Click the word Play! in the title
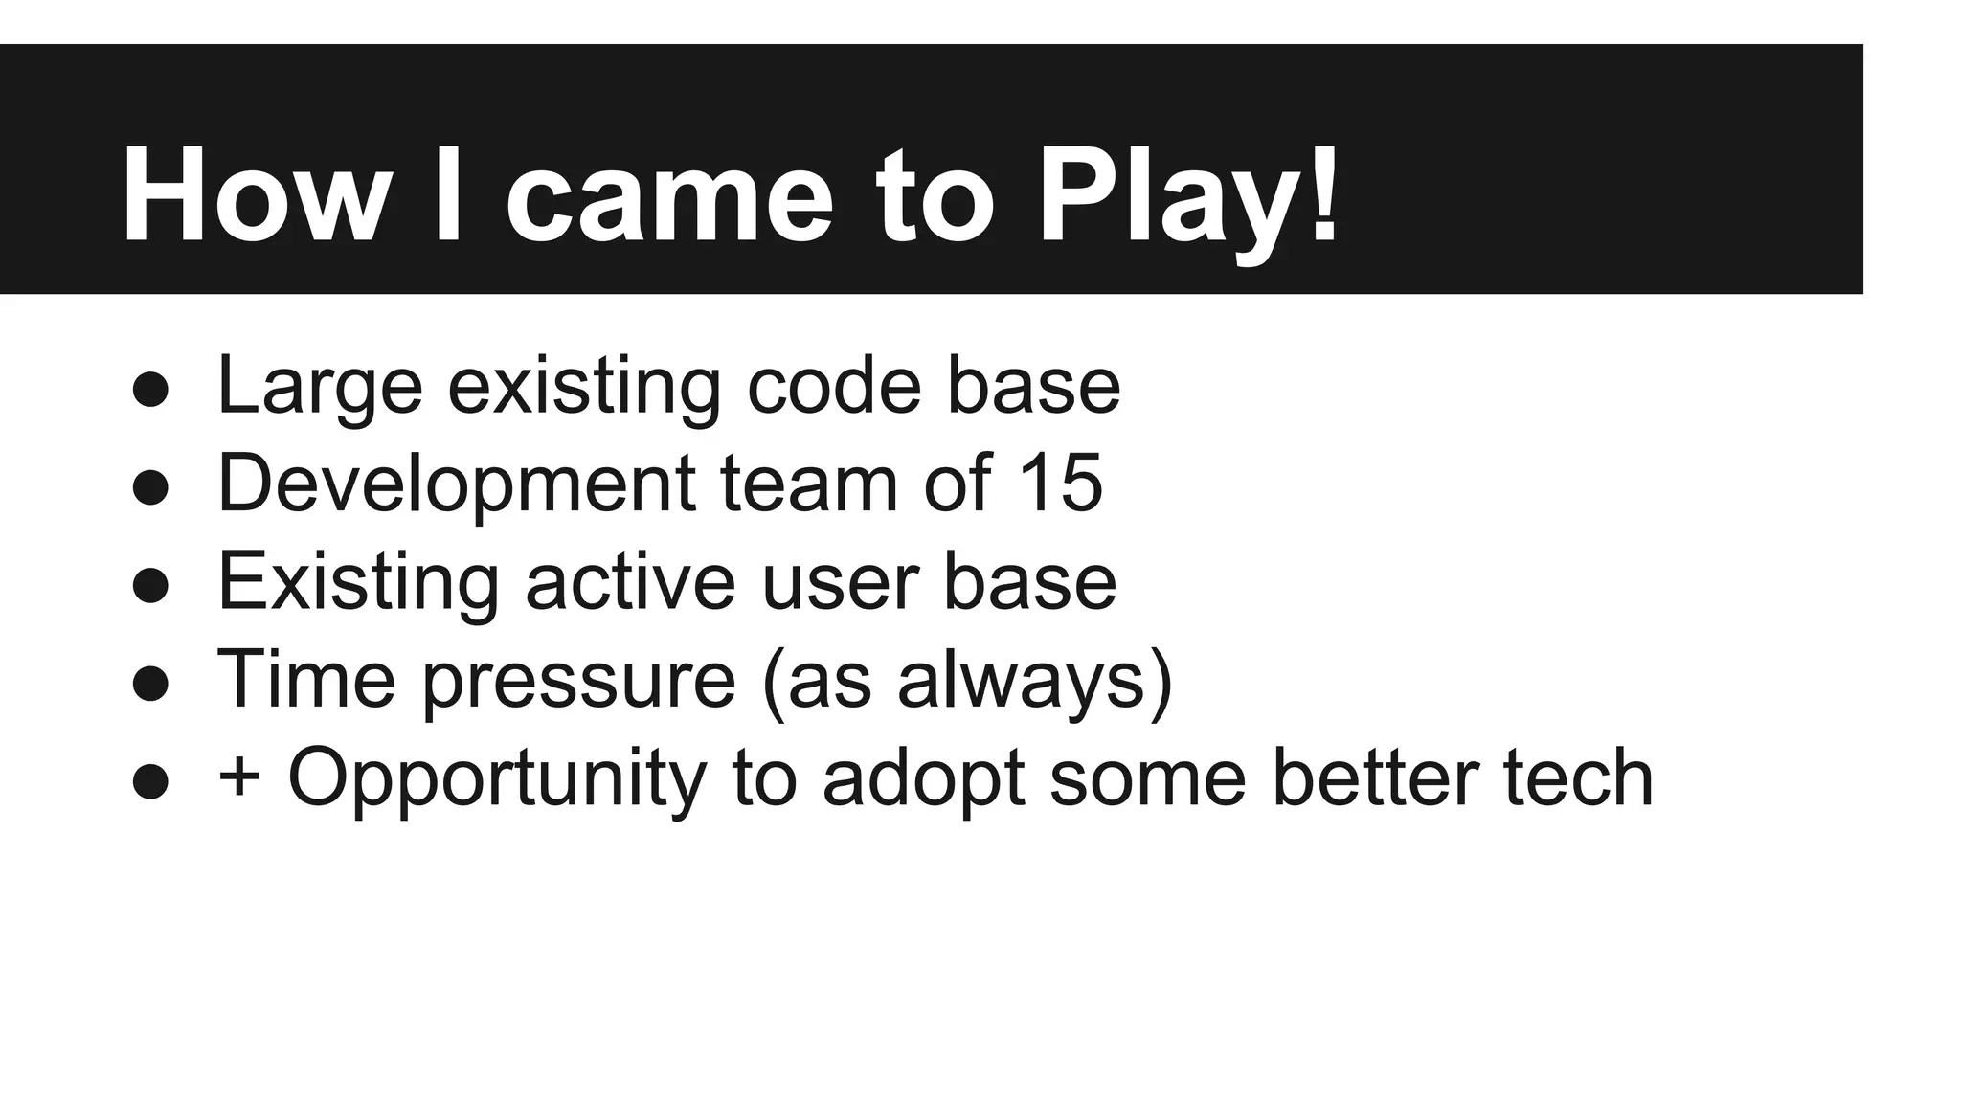[x=1188, y=196]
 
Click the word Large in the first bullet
[x=320, y=386]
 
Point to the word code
[x=833, y=386]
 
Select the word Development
[x=456, y=484]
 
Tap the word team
[x=809, y=483]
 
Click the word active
[x=630, y=581]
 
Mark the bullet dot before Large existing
[x=151, y=390]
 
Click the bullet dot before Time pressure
[x=151, y=684]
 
